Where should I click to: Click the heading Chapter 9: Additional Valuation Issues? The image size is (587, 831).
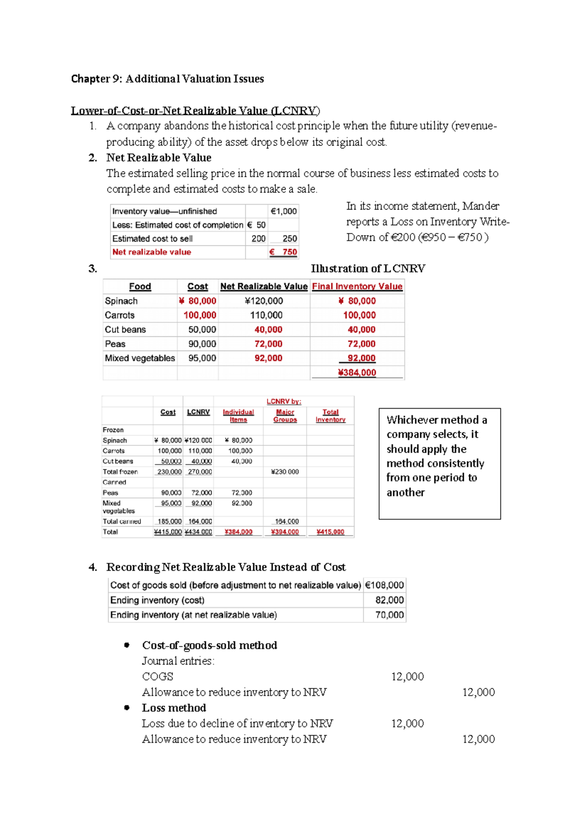click(167, 79)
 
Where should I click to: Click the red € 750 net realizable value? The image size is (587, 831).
click(284, 252)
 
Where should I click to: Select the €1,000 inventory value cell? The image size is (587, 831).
click(284, 211)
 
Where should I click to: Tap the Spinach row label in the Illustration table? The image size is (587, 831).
click(121, 301)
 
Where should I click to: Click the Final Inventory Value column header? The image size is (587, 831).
click(357, 286)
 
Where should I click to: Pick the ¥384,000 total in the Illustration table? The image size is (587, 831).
click(357, 372)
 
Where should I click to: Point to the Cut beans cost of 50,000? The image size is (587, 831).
click(202, 329)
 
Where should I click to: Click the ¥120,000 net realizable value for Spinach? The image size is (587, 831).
click(264, 301)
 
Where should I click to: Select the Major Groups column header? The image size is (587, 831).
click(285, 415)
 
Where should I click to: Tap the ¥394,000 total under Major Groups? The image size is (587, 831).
click(285, 532)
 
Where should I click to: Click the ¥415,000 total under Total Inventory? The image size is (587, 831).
click(331, 532)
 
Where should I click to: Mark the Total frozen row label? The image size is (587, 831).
click(120, 472)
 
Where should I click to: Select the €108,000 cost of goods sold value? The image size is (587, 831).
click(384, 585)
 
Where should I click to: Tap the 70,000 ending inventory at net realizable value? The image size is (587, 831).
click(389, 615)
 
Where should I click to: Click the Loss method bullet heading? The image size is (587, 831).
click(174, 708)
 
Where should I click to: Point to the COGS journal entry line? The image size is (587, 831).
click(158, 676)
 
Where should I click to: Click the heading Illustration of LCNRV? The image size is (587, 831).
click(368, 268)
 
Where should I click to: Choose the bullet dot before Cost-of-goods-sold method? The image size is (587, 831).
click(127, 645)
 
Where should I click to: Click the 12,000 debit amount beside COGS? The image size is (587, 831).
click(407, 676)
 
